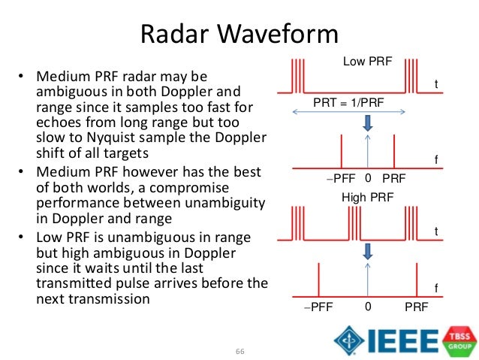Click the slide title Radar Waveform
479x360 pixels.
pyautogui.click(x=240, y=35)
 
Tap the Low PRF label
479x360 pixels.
pyautogui.click(x=367, y=62)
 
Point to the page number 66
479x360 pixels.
pyautogui.click(x=240, y=351)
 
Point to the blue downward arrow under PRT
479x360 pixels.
pyautogui.click(x=367, y=128)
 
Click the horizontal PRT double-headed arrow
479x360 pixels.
pyautogui.click(x=350, y=112)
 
